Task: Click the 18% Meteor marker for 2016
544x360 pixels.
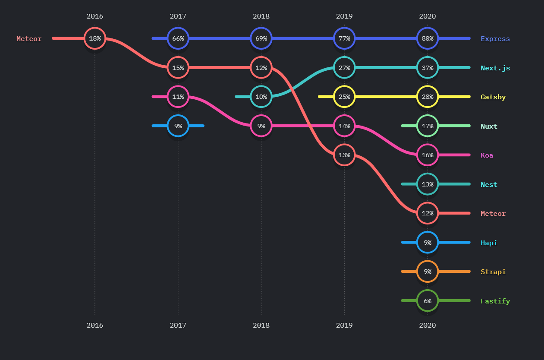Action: [95, 38]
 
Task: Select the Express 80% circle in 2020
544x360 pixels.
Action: [428, 38]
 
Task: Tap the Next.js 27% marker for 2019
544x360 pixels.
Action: [344, 68]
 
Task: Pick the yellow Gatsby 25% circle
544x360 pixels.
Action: [344, 97]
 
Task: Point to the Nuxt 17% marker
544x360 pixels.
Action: [428, 126]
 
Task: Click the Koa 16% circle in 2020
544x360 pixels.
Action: [428, 155]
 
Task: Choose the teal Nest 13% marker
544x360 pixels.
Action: [428, 184]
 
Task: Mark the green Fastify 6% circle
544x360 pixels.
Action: [428, 301]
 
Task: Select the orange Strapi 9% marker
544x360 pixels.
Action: [428, 272]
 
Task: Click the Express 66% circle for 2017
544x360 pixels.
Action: [178, 38]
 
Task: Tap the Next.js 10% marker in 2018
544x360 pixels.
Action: [261, 97]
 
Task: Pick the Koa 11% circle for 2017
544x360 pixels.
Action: [178, 97]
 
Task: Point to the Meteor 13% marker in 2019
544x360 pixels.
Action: [344, 155]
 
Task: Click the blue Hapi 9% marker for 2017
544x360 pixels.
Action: [178, 126]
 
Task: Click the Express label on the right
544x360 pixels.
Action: [495, 39]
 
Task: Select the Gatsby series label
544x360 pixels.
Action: [493, 97]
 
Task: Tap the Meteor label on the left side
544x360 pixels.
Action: [29, 39]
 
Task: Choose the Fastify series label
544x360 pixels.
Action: [495, 301]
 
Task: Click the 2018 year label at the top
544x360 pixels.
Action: [261, 16]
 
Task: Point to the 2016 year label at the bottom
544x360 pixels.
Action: [95, 325]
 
